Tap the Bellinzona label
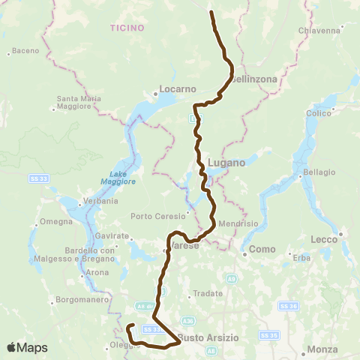(255, 79)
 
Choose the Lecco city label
(324, 240)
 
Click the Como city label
(262, 249)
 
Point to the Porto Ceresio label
(152, 217)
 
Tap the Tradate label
(205, 293)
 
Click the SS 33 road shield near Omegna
(40, 178)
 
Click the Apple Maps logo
(26, 347)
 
